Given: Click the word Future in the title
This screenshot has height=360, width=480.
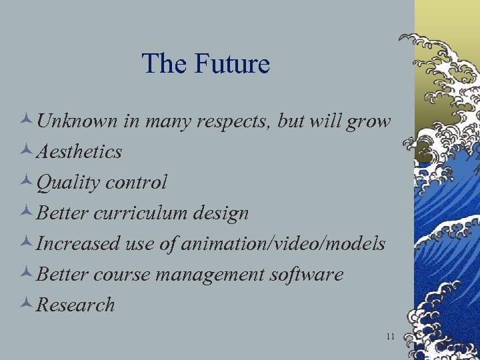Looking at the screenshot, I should pyautogui.click(x=232, y=64).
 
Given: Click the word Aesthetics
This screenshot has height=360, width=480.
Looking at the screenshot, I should pyautogui.click(x=79, y=152).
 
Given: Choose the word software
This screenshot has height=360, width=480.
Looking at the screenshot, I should pyautogui.click(x=307, y=275).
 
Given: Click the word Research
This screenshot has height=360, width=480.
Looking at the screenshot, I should pyautogui.click(x=75, y=305).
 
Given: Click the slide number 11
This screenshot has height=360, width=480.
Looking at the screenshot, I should pyautogui.click(x=390, y=336).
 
